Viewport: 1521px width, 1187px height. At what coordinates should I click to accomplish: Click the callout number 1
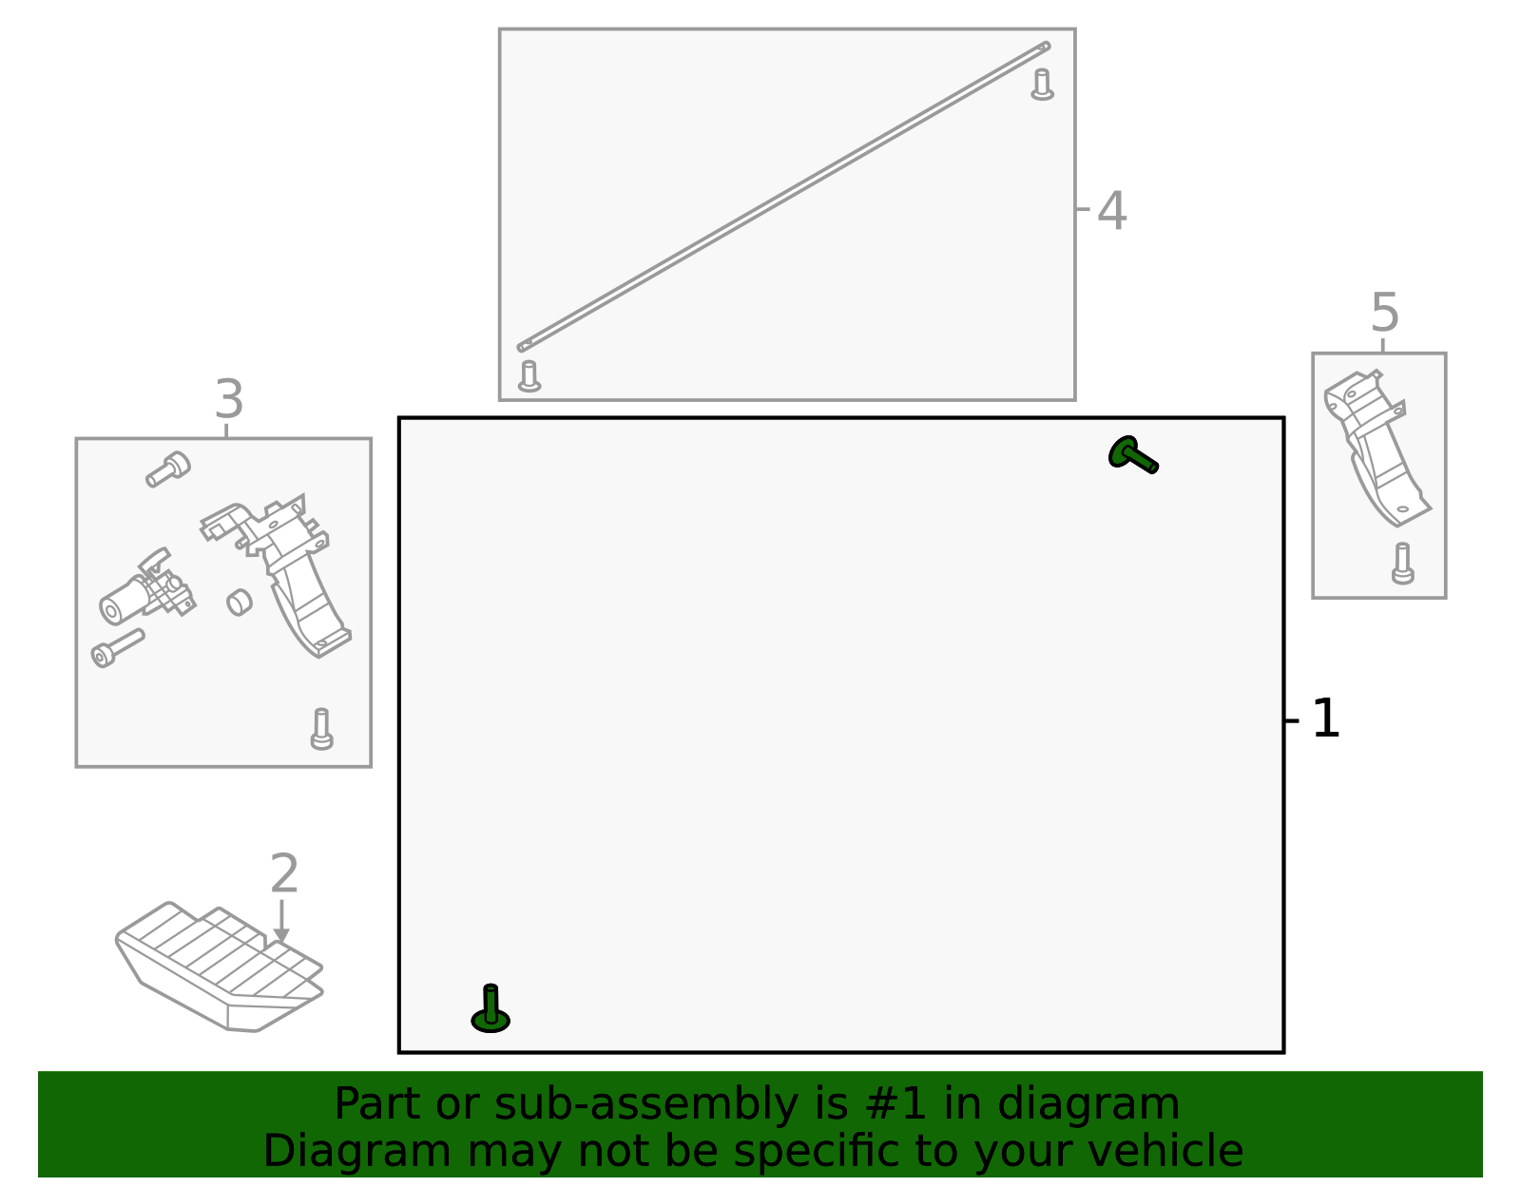click(1325, 719)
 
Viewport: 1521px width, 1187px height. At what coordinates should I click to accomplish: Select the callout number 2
click(284, 873)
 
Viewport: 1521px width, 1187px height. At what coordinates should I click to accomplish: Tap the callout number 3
click(228, 400)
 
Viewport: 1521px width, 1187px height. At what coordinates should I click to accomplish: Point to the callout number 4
click(1111, 211)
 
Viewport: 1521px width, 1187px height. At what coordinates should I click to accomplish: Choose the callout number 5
click(1385, 314)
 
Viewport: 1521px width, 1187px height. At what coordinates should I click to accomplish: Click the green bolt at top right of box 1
click(1132, 454)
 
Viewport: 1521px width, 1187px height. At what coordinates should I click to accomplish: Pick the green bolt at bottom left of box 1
click(491, 1010)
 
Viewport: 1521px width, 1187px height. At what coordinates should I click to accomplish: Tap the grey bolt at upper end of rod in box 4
click(1043, 85)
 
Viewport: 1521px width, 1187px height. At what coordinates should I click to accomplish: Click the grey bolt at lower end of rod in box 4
click(529, 376)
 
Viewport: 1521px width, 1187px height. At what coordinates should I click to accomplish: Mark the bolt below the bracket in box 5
click(1402, 564)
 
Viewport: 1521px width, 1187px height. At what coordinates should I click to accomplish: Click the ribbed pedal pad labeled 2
click(219, 965)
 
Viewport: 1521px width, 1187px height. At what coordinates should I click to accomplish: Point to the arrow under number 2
click(280, 922)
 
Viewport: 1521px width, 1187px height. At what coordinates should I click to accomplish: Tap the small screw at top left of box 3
click(168, 469)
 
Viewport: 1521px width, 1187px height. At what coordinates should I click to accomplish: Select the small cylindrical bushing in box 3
click(240, 602)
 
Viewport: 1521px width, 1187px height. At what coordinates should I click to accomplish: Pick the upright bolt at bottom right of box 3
click(321, 729)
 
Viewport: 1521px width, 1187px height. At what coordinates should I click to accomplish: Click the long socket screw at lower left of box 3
click(117, 648)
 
